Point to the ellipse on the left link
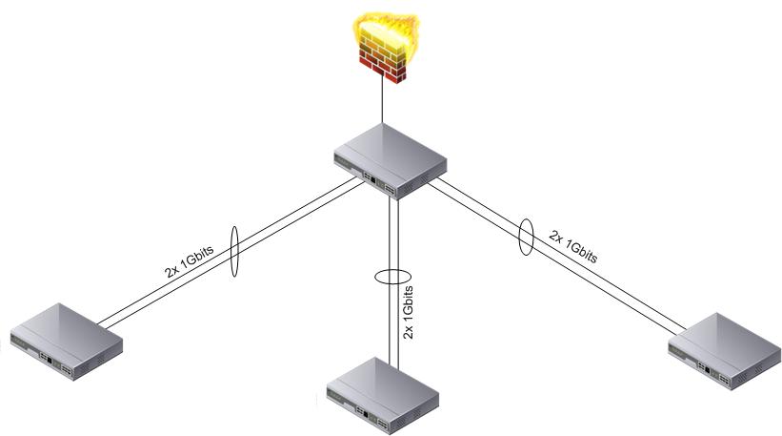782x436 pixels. click(234, 252)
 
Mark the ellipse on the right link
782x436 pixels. click(525, 238)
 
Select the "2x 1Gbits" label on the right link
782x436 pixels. click(573, 244)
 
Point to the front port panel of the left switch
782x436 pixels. click(51, 358)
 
